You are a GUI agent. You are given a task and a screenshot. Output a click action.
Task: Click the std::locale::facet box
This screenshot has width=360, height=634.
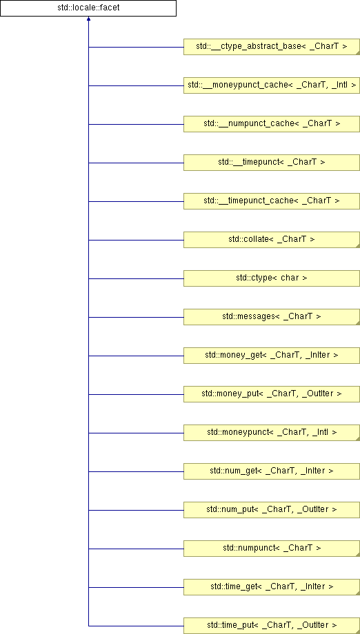pyautogui.click(x=88, y=8)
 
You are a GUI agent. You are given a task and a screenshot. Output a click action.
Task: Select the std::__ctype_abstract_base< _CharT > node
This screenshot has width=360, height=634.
pyautogui.click(x=272, y=47)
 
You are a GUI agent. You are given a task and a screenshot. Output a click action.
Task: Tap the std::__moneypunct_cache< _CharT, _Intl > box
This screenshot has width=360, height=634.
pyautogui.click(x=272, y=85)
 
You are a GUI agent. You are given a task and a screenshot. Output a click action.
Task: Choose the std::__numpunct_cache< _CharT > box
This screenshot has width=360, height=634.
pyautogui.click(x=272, y=124)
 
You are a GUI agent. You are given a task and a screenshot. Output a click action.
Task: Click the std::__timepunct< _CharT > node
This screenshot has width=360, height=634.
pyautogui.click(x=272, y=163)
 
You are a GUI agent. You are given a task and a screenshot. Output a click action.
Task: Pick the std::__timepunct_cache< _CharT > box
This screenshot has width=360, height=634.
pyautogui.click(x=272, y=201)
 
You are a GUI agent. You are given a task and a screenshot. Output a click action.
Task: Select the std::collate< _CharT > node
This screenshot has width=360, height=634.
pyautogui.click(x=272, y=240)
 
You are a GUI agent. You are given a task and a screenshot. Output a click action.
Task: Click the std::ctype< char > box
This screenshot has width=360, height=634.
pyautogui.click(x=272, y=278)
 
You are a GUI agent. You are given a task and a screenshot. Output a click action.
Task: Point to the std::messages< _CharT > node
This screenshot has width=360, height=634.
pyautogui.click(x=272, y=317)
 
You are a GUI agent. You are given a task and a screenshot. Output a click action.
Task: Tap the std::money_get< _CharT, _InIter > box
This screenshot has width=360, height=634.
pyautogui.click(x=272, y=356)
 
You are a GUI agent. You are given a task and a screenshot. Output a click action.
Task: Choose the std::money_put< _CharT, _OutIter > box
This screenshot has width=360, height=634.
pyautogui.click(x=272, y=394)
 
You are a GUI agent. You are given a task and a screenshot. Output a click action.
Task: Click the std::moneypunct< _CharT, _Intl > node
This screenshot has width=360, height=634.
pyautogui.click(x=272, y=433)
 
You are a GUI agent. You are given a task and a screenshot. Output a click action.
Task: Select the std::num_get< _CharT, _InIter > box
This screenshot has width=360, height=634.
pyautogui.click(x=272, y=471)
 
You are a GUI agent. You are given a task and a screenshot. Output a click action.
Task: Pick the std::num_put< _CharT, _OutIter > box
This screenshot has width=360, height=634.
pyautogui.click(x=272, y=510)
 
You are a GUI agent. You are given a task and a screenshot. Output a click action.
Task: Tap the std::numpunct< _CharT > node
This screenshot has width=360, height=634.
pyautogui.click(x=272, y=549)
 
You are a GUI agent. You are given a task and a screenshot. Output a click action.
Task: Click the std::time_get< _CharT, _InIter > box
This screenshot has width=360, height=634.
pyautogui.click(x=272, y=588)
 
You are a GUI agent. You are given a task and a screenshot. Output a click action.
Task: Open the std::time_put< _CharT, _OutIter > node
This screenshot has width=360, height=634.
pyautogui.click(x=272, y=626)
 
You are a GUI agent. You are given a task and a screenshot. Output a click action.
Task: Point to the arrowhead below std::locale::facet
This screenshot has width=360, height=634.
pyautogui.click(x=88, y=19)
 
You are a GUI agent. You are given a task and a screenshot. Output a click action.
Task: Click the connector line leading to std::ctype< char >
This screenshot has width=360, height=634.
pyautogui.click(x=136, y=278)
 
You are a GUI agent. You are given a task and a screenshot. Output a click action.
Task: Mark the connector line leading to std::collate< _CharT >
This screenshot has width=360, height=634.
pyautogui.click(x=136, y=240)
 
